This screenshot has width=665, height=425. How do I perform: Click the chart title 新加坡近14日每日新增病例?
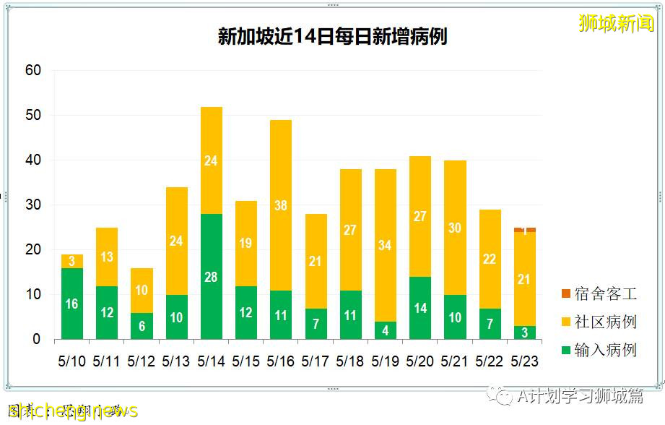click(x=332, y=36)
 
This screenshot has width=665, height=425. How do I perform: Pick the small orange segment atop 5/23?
click(x=525, y=230)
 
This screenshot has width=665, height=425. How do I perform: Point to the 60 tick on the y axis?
click(x=33, y=71)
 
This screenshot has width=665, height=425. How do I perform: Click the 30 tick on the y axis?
click(x=33, y=205)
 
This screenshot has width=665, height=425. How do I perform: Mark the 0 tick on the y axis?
click(x=36, y=340)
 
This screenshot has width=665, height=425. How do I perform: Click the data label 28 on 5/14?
click(x=211, y=278)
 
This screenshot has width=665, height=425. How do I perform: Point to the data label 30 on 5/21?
click(x=455, y=228)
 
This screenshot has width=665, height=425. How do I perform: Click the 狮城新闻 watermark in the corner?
click(x=616, y=23)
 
